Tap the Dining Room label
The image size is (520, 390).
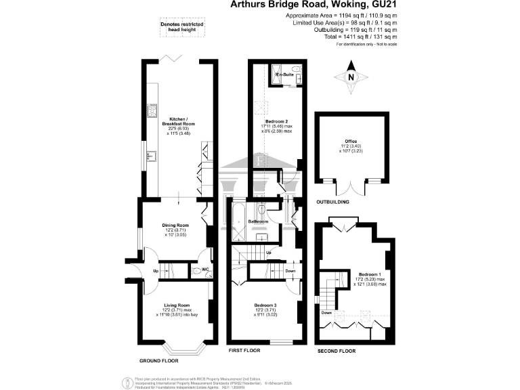(x=175, y=225)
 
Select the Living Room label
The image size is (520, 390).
(x=175, y=305)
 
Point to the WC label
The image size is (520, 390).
(x=204, y=269)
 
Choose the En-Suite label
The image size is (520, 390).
(x=275, y=74)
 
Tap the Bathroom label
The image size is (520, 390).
(x=258, y=221)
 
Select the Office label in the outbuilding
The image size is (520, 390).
(x=351, y=142)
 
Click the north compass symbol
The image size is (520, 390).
(x=351, y=77)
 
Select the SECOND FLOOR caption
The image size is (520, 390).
(x=337, y=351)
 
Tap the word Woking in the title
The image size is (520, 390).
(x=335, y=5)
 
